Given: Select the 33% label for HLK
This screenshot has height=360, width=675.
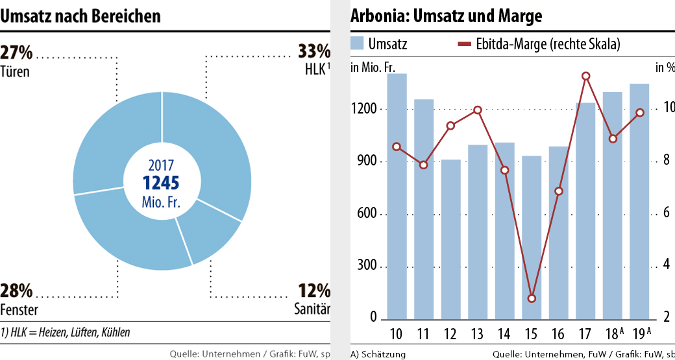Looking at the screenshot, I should [x=314, y=51].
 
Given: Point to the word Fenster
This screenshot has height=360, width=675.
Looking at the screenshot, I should [x=19, y=309].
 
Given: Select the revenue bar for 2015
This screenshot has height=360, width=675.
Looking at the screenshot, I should [x=532, y=237].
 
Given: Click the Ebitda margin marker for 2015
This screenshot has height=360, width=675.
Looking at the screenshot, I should [x=532, y=298].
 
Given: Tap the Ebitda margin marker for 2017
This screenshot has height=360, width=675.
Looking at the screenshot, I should [x=585, y=77].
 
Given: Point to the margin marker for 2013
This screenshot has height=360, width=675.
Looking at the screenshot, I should [x=477, y=110].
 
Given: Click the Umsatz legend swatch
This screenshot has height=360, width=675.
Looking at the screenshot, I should [x=357, y=44].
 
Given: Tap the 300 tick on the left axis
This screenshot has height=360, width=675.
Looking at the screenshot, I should [x=368, y=267].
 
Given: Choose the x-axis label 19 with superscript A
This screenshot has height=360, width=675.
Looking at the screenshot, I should [x=641, y=333].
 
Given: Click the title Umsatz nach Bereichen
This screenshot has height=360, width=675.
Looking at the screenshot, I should [x=80, y=16].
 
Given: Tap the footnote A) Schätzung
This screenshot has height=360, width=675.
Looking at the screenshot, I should [x=378, y=354].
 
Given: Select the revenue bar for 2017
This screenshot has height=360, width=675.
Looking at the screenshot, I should [x=585, y=211].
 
